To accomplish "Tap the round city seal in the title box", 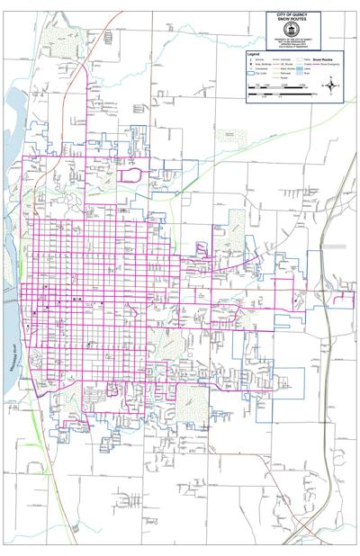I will tap(292, 30).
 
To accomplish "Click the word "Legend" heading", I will tap(254, 55).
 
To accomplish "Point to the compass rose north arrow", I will tap(331, 85).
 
